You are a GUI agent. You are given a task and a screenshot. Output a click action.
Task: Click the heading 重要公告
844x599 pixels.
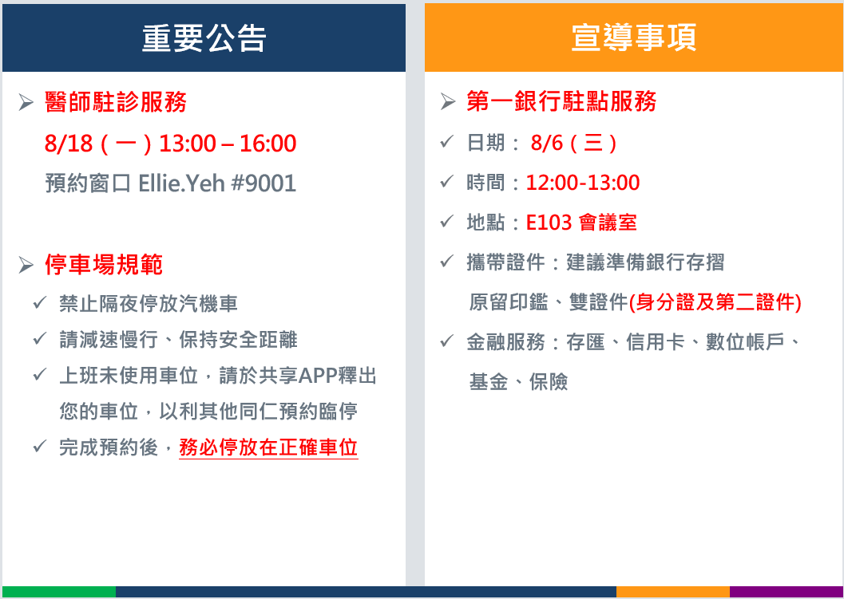coord(204,38)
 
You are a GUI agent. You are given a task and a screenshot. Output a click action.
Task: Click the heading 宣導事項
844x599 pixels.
coord(633,38)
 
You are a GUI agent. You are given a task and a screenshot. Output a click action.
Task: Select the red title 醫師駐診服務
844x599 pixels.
coord(116,102)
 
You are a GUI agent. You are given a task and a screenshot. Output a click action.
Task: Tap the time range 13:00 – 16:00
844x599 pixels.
coord(228,144)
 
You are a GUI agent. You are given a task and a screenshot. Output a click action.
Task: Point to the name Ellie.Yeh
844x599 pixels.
coord(181,184)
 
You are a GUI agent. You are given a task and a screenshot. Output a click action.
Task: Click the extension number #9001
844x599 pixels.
coord(264,184)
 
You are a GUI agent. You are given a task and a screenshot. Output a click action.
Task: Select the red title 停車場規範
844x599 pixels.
coord(104,265)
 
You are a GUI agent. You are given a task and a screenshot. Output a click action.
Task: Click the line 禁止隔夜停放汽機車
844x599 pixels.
coord(149,305)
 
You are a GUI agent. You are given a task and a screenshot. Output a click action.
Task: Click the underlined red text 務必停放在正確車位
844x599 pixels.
coord(268,447)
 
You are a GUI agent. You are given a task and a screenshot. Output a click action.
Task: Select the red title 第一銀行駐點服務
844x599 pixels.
coord(561,101)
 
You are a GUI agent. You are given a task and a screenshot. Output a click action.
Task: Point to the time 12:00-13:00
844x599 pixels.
coord(583,183)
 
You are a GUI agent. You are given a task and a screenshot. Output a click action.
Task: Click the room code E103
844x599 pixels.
coord(549,223)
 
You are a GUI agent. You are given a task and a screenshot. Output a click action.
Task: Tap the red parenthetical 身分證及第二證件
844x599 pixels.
coord(715,303)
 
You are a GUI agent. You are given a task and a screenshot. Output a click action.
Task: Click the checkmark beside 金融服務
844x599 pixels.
coord(447,341)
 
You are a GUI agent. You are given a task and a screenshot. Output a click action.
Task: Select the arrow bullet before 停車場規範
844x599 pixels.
coord(26,265)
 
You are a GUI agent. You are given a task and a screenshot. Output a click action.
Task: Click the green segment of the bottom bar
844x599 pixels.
coord(58,592)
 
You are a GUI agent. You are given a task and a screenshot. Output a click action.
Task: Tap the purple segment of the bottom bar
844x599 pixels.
coord(786,592)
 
